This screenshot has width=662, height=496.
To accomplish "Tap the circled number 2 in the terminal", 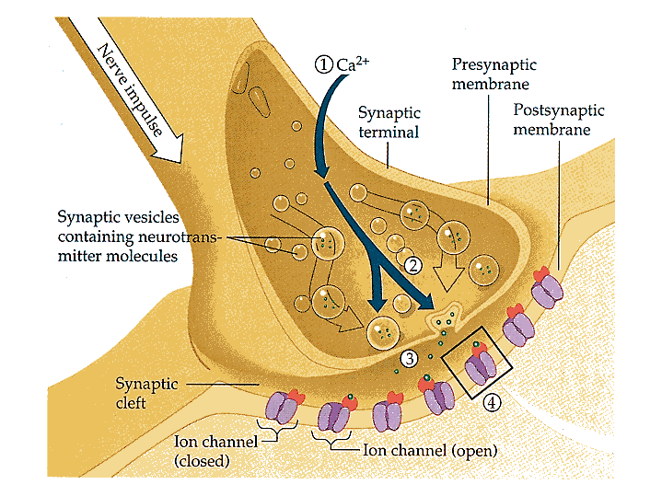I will coord(413,265).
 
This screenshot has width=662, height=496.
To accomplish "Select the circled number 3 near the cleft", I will coord(410,358).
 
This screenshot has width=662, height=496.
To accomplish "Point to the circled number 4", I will coord(493,402).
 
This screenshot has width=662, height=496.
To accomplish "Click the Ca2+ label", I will coord(347,63).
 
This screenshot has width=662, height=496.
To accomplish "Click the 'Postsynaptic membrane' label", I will coord(558,120).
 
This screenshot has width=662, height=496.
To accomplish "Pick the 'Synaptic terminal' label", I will coord(389,121).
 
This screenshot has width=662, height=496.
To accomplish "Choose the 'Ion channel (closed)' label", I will coord(206,450).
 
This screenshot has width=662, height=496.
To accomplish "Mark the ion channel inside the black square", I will coord(480,366).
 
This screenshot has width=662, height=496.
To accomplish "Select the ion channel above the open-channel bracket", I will coord(335,414).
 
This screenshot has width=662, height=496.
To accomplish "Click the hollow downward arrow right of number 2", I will coord(450,273).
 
